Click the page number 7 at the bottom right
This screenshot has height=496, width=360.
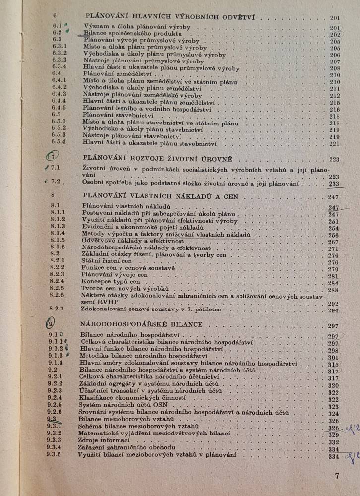click(337, 476)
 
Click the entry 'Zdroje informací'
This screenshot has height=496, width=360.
click(105, 441)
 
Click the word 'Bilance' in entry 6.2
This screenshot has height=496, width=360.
click(93, 33)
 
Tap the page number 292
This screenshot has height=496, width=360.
click(332, 304)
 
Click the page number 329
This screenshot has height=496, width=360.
click(333, 435)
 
